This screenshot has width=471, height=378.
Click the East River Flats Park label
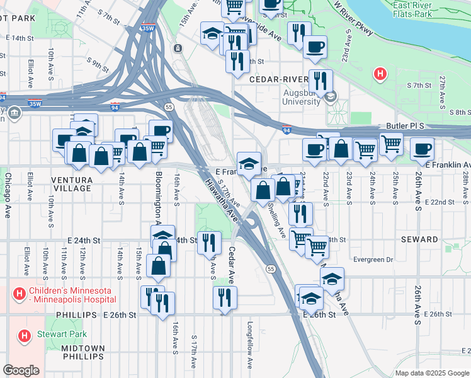coord(429,9)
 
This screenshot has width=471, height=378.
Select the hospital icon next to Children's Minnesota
coord(20,294)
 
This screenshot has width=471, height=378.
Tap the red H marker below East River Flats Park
coord(379,74)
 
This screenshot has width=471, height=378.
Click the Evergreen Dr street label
coord(372,259)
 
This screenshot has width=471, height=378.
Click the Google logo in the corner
coord(21,370)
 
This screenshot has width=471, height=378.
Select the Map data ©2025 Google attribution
coord(431,373)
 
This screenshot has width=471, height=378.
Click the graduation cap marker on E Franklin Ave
coord(249,163)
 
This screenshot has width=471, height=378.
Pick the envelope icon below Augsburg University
coord(331,96)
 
